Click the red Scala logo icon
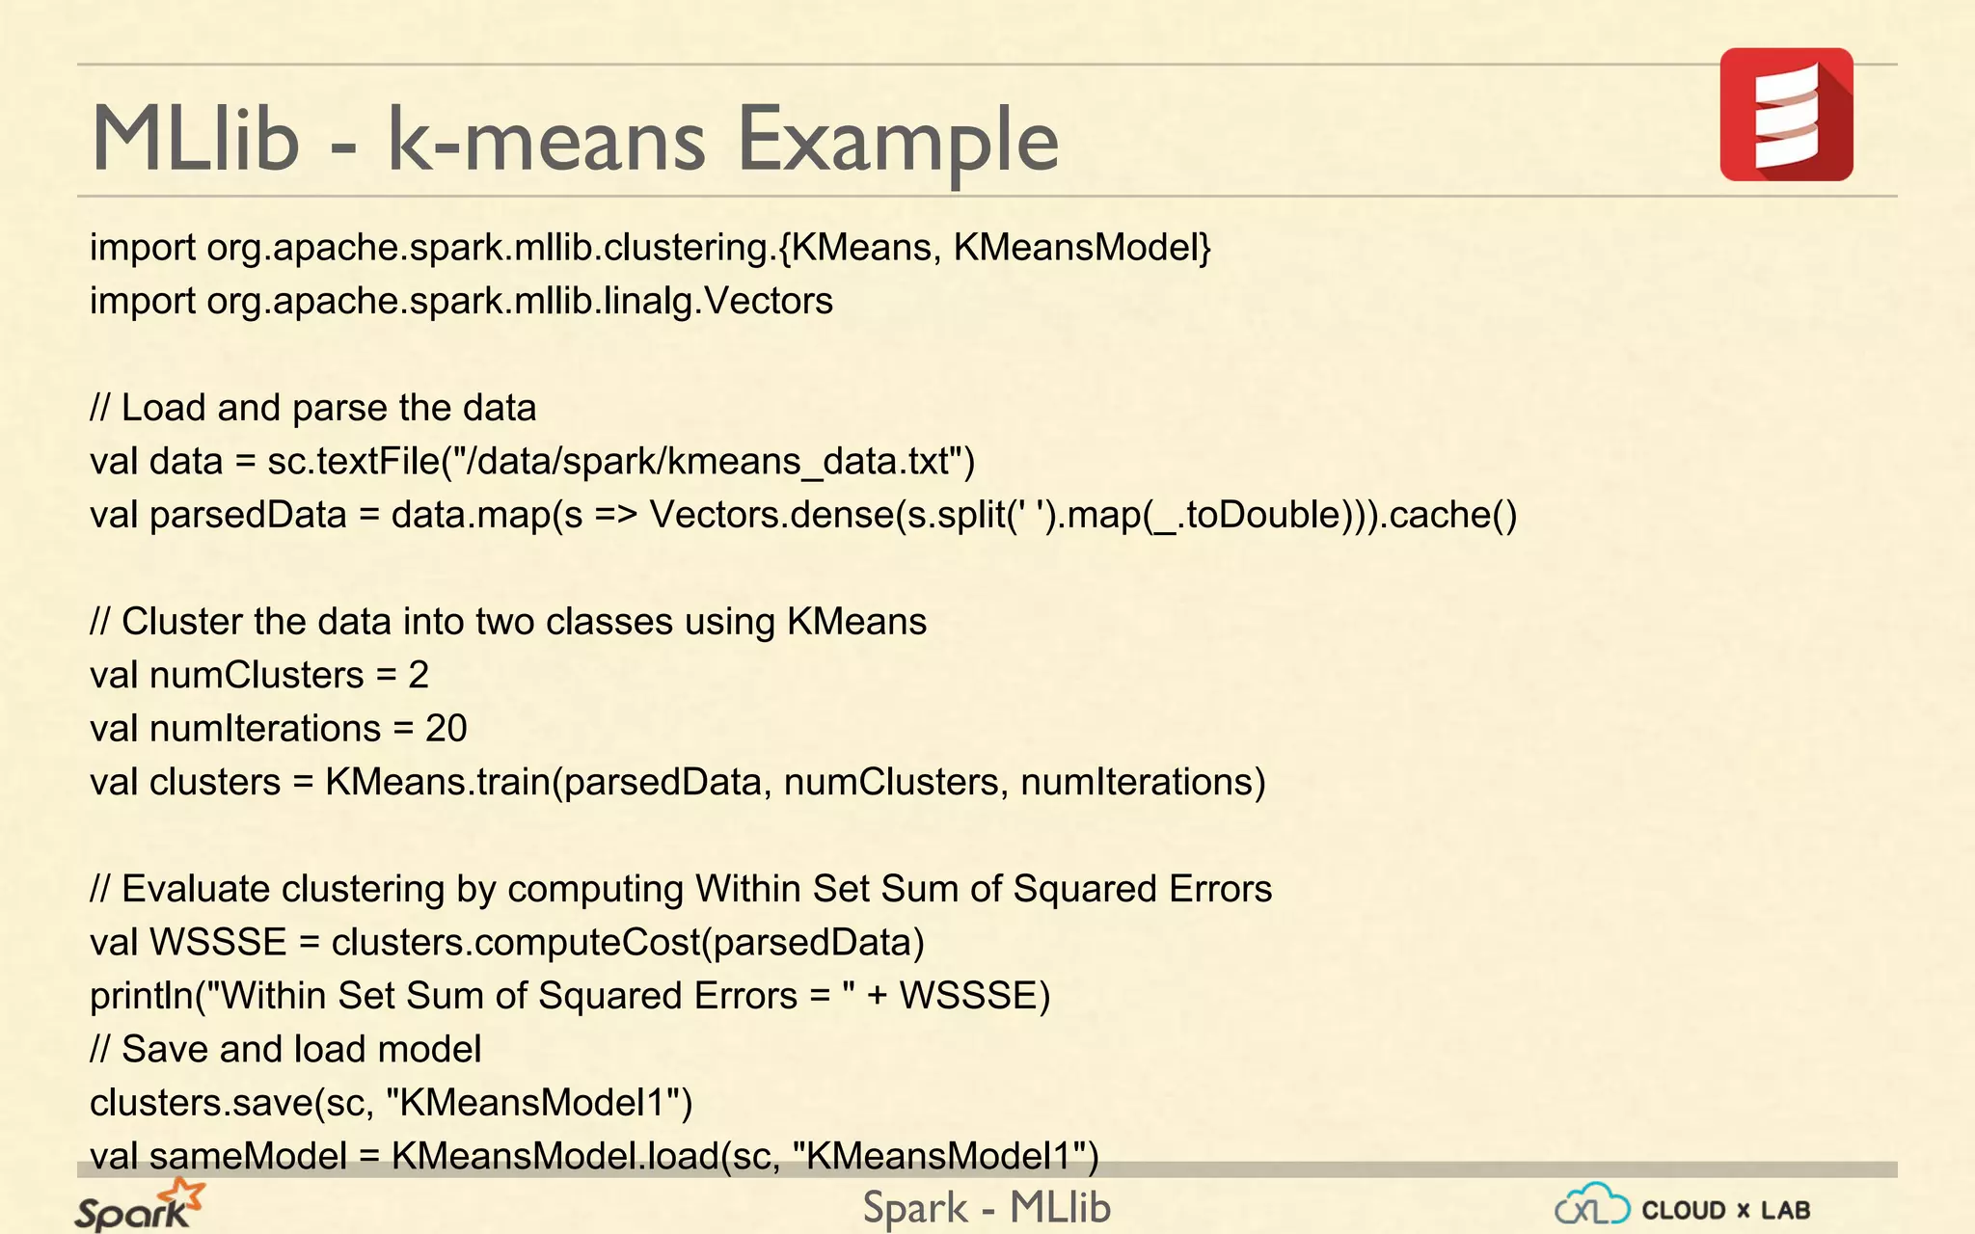pyautogui.click(x=1786, y=115)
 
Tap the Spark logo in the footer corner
pyautogui.click(x=139, y=1206)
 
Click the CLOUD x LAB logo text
pyautogui.click(x=1725, y=1210)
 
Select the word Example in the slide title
pyautogui.click(x=898, y=140)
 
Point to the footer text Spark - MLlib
pyautogui.click(x=987, y=1208)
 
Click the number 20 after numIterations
pyautogui.click(x=446, y=729)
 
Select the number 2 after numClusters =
pyautogui.click(x=418, y=675)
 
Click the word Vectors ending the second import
pyautogui.click(x=768, y=301)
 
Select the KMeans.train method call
pyautogui.click(x=437, y=782)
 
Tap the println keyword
pyautogui.click(x=141, y=996)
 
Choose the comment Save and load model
pyautogui.click(x=301, y=1049)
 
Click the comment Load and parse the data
pyautogui.click(x=328, y=408)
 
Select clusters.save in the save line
pyautogui.click(x=202, y=1103)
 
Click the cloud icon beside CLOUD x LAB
pyautogui.click(x=1592, y=1205)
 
